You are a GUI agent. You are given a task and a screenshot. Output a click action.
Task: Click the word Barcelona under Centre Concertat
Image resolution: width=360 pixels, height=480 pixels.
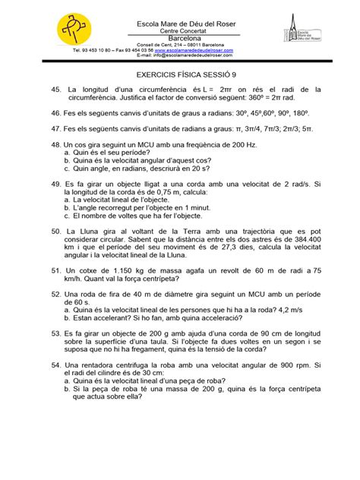tap(180, 36)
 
